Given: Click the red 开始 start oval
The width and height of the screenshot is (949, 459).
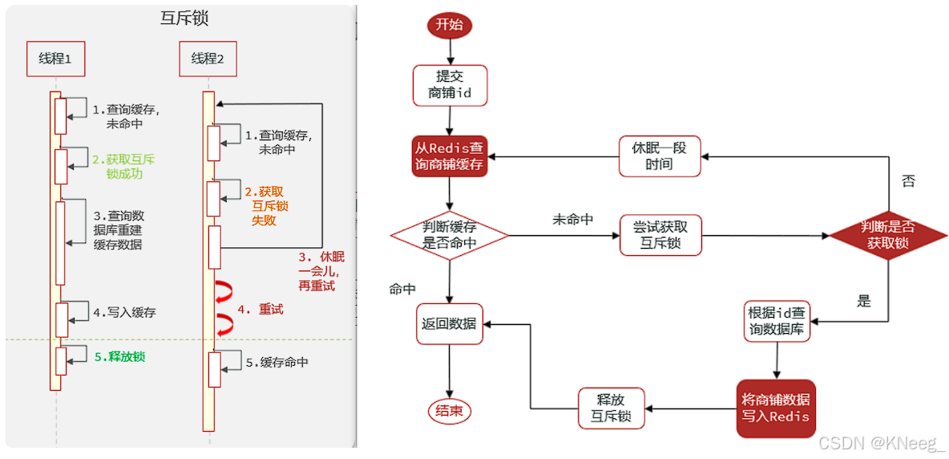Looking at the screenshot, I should (x=449, y=24).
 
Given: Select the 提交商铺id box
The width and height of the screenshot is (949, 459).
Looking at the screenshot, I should (x=450, y=85).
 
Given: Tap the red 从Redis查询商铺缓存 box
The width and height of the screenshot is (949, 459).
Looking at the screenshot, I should (x=449, y=156).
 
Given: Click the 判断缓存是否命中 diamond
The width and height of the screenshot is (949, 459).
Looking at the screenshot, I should (x=450, y=235).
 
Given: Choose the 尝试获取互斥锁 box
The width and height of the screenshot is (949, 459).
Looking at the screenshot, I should (x=660, y=235).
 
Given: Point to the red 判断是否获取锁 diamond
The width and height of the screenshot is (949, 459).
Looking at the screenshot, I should (x=887, y=235).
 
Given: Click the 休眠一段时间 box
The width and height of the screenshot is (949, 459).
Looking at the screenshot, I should (x=660, y=156).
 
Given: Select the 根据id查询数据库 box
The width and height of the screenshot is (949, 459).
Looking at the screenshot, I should (x=777, y=321).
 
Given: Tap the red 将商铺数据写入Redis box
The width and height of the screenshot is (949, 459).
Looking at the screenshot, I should (x=775, y=408).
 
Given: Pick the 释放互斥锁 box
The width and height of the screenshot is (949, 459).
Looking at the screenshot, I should (x=612, y=408).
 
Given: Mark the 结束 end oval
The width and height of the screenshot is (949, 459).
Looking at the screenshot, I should (x=449, y=411).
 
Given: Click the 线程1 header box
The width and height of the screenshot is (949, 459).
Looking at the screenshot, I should (x=55, y=59).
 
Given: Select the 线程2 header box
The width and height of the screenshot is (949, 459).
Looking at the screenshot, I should (x=208, y=59).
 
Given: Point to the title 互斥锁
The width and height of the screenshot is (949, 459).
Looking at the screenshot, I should (x=184, y=18).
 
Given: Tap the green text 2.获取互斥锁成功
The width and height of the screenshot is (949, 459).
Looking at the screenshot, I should (x=123, y=166).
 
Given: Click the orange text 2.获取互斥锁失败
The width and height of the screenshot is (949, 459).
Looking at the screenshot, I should (x=267, y=205).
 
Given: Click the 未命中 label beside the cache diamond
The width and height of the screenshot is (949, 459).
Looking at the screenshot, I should (x=572, y=219).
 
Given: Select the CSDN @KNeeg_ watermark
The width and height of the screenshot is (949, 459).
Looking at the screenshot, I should (x=881, y=442).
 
